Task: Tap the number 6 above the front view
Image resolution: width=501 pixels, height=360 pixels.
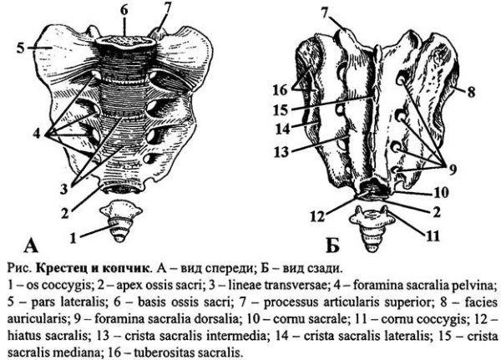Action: pyautogui.click(x=124, y=10)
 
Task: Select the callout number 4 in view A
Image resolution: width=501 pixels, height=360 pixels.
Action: pyautogui.click(x=37, y=134)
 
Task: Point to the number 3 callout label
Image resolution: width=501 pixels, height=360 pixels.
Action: pyautogui.click(x=64, y=190)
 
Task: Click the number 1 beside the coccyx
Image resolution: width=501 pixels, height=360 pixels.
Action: pyautogui.click(x=73, y=237)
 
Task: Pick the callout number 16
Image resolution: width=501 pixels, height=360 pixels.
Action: pyautogui.click(x=281, y=90)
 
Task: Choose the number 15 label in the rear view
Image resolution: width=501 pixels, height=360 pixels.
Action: pyautogui.click(x=281, y=110)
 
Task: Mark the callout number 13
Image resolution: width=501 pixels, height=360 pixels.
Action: pyautogui.click(x=281, y=152)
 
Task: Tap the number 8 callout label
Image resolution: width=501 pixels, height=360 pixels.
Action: pyautogui.click(x=471, y=92)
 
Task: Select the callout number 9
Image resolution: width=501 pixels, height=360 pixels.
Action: pyautogui.click(x=453, y=170)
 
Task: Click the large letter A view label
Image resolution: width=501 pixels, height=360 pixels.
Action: pyautogui.click(x=31, y=246)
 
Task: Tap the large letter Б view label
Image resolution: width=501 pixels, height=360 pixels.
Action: pyautogui.click(x=332, y=246)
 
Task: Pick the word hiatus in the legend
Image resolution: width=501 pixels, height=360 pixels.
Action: pyautogui.click(x=24, y=336)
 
